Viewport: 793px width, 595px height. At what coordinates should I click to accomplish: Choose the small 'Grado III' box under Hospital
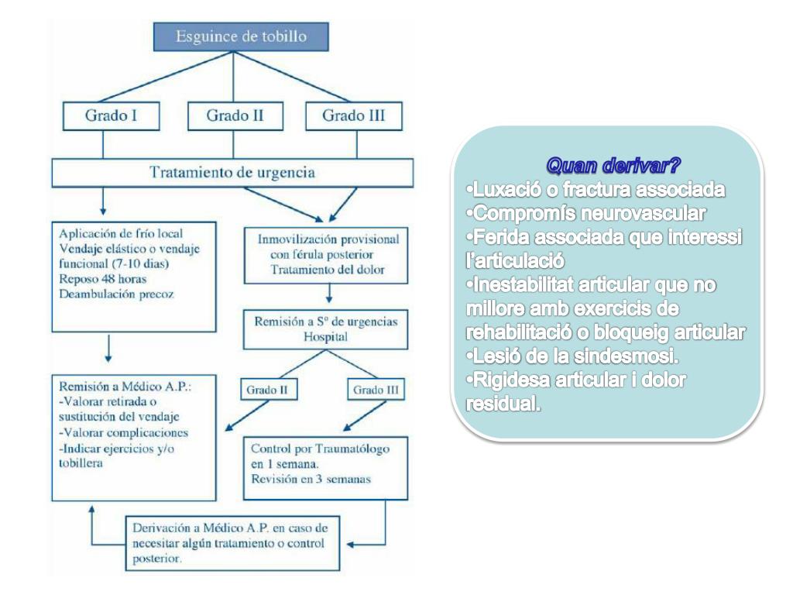[376, 390]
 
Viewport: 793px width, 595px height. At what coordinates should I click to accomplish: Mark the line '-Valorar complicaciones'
[124, 432]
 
